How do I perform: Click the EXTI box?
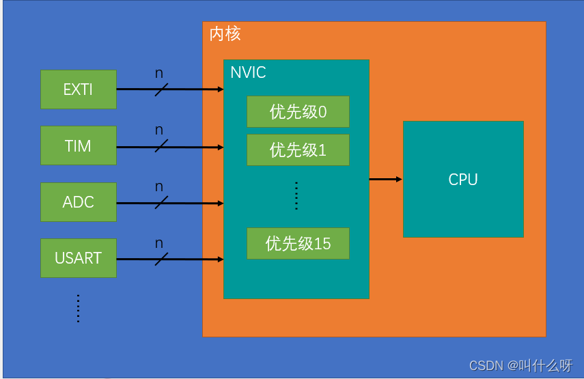79,89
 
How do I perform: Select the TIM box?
79,145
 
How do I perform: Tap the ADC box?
79,202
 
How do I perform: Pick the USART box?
79,258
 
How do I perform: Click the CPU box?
463,180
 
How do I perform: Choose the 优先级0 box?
298,112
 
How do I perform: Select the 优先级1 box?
298,150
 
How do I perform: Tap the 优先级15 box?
298,244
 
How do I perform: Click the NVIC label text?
248,72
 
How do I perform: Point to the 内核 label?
225,34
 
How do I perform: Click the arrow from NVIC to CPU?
385,180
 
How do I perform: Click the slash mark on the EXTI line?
161,89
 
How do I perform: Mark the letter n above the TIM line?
159,130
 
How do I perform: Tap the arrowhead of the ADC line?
220,203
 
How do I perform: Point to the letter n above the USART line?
159,242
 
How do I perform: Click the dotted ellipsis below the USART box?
79,308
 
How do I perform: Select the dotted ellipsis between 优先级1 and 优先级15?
296,196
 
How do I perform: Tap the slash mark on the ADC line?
161,203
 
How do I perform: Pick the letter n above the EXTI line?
159,73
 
